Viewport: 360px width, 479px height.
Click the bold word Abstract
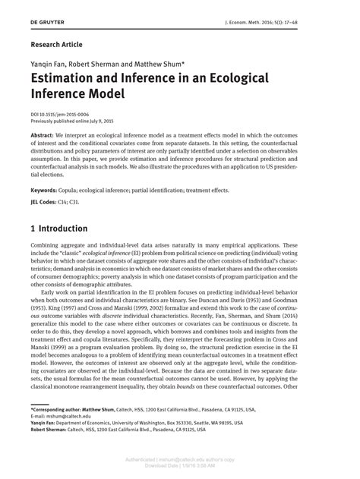43,134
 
